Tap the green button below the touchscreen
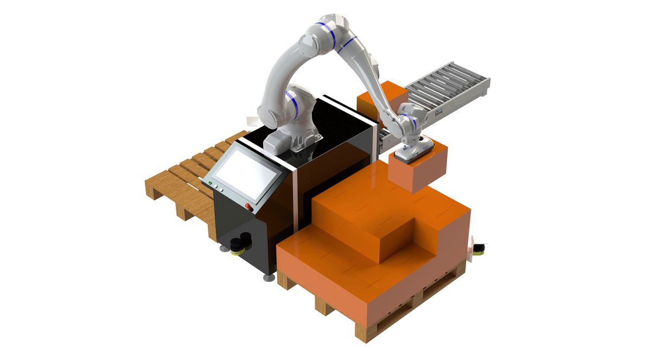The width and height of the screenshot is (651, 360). [210, 183]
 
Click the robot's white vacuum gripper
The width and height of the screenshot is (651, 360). [414, 149]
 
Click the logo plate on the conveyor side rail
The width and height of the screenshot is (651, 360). [438, 113]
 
